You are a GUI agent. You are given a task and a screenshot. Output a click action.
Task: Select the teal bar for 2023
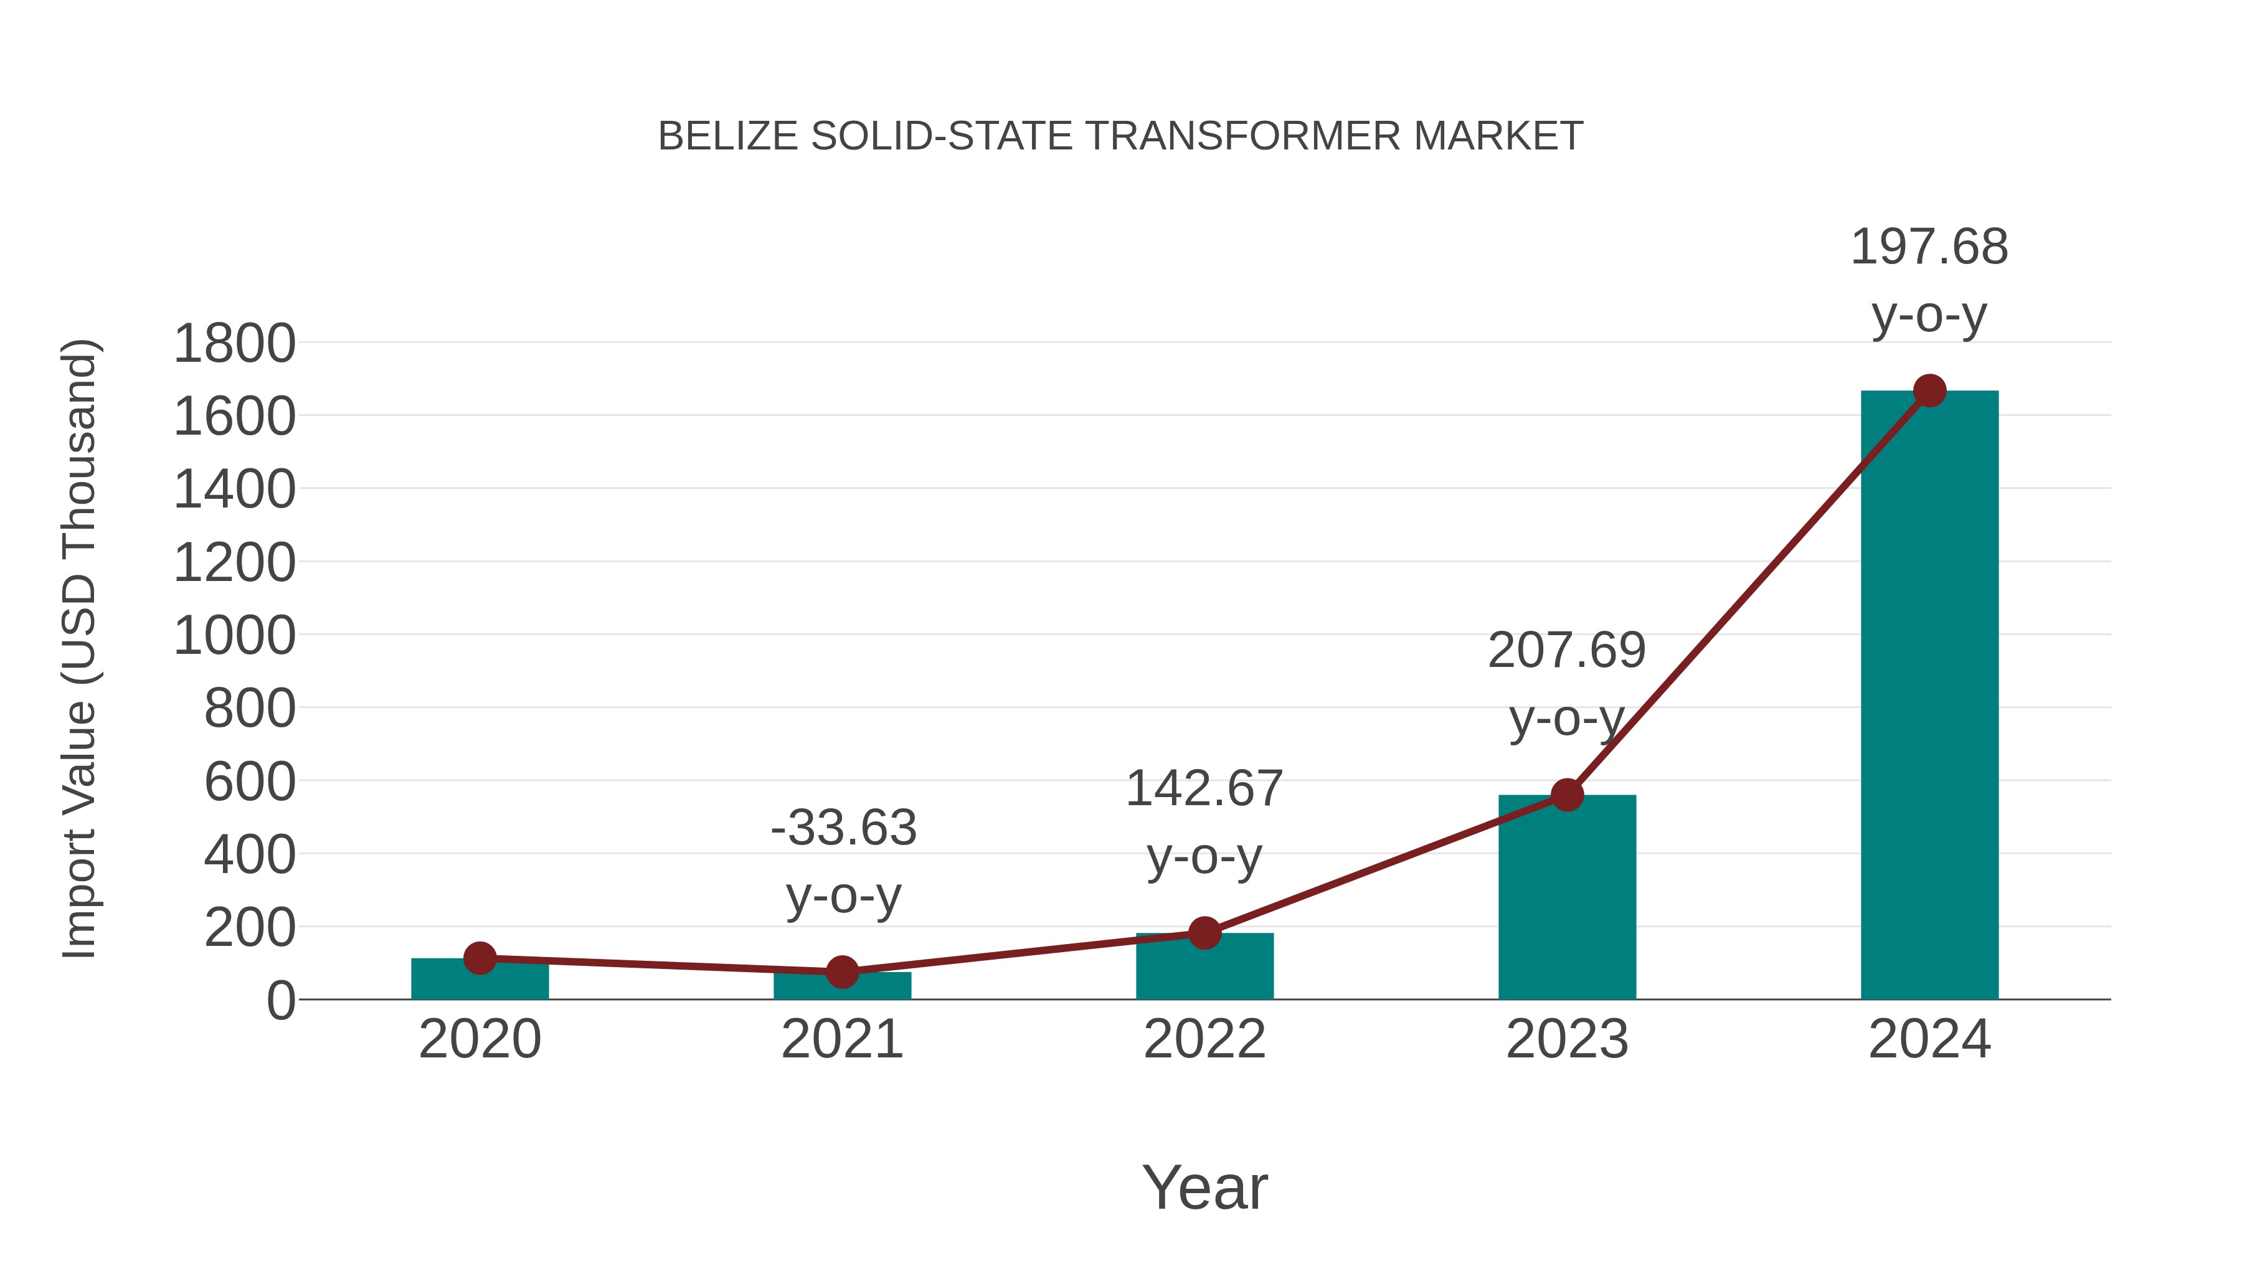[1567, 905]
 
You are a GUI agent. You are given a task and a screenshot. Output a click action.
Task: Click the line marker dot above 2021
[841, 972]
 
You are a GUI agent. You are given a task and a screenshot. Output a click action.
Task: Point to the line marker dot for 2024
[1929, 390]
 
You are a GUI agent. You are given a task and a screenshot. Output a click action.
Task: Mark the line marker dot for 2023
[1567, 795]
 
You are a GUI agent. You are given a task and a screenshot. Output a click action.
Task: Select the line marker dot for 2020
[480, 958]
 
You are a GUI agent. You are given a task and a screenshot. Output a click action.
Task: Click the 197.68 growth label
[1929, 247]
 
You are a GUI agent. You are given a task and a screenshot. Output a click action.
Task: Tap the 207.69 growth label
[1567, 651]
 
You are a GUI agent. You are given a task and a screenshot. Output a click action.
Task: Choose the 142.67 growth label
[1204, 790]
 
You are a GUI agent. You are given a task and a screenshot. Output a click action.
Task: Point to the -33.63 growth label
[843, 828]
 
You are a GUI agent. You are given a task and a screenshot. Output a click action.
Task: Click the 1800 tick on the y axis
[234, 344]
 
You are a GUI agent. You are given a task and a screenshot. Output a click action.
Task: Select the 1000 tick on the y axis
[234, 636]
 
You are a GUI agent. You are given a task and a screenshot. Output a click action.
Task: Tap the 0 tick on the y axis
[280, 1001]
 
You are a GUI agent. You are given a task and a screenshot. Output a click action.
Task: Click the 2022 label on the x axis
[1204, 1040]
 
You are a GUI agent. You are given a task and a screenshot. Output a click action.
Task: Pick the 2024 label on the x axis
[1929, 1040]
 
